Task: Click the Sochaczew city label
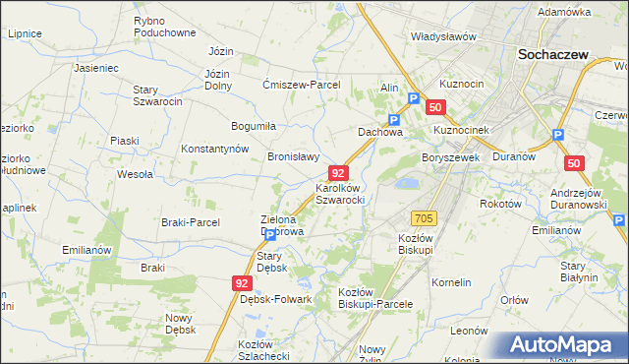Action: (553, 55)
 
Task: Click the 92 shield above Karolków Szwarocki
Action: (338, 172)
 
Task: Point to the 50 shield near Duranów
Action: (575, 162)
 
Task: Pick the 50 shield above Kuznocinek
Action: (436, 107)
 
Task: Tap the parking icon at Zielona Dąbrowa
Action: (270, 236)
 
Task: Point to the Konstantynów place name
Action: (215, 149)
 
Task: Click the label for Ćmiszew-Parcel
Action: (301, 85)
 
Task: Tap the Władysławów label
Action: (443, 36)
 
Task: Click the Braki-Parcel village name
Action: (192, 222)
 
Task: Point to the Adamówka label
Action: (564, 12)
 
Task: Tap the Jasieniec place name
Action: (96, 69)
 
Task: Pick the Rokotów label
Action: (498, 203)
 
